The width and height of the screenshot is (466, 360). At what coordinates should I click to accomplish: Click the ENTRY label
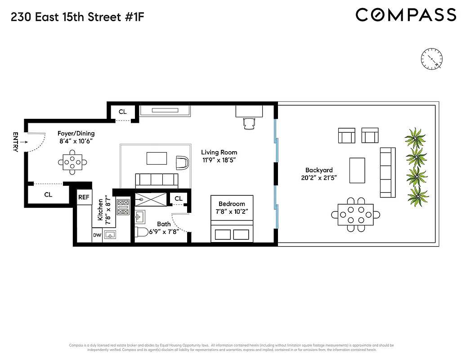tap(15, 142)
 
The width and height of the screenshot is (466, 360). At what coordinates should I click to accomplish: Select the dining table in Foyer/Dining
tap(72, 162)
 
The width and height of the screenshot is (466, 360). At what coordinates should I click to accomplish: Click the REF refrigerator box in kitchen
tap(84, 197)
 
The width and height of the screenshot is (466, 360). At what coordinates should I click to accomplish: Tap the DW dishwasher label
tap(97, 234)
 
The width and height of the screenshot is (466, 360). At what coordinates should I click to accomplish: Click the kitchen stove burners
tap(123, 207)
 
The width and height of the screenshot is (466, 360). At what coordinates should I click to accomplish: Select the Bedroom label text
tap(232, 204)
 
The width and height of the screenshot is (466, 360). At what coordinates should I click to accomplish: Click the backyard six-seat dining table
tap(355, 215)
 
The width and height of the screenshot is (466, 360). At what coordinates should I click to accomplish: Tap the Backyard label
tap(319, 170)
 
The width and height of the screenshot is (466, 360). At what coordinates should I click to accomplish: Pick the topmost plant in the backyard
tap(416, 137)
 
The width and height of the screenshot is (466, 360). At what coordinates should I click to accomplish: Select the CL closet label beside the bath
tap(178, 198)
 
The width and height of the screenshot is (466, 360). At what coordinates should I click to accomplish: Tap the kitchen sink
tap(109, 234)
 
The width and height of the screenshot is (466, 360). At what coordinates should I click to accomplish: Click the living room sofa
tap(156, 181)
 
